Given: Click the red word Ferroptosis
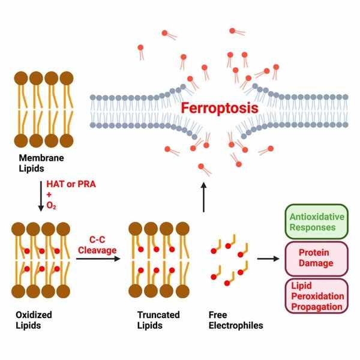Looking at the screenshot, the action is click(220, 109).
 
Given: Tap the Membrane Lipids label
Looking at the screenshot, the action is click(41, 163).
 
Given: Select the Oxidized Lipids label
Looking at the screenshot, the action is click(34, 320).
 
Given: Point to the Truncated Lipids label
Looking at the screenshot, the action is click(158, 320).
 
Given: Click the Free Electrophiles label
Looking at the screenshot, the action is click(236, 320).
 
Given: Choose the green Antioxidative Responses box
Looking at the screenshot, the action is click(317, 221).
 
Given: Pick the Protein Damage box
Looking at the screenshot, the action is click(317, 259).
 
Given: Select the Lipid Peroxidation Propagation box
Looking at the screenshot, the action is click(317, 296).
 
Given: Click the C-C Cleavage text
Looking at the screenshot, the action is click(97, 245).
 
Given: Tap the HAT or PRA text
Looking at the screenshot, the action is click(71, 184).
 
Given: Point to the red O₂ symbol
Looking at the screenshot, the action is click(51, 205).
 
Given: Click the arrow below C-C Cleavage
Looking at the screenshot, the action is click(98, 259).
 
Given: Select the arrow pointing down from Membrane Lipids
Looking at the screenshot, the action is click(41, 196).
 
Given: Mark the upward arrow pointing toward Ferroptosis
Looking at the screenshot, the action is click(203, 197).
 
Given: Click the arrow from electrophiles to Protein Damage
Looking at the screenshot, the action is click(268, 259).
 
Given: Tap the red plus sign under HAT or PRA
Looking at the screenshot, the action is click(49, 194).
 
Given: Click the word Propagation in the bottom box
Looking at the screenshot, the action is click(317, 307).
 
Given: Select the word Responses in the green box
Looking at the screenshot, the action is click(313, 227).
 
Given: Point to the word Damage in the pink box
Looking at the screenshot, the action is click(316, 263).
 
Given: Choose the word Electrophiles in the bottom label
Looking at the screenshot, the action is click(236, 325).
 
